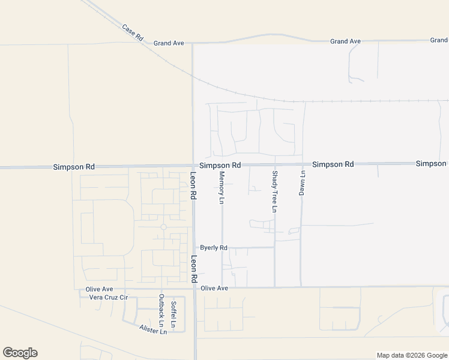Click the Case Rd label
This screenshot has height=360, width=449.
click(133, 32)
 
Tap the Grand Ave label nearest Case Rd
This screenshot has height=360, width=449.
click(168, 43)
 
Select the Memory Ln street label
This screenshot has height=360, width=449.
click(221, 188)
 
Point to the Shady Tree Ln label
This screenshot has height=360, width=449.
click(274, 191)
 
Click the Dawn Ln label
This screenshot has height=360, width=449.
click(302, 183)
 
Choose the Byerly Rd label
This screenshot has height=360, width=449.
click(214, 247)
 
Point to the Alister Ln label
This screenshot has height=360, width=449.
click(152, 330)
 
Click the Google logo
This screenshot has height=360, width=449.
click(20, 353)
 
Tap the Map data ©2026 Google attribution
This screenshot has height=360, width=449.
click(412, 355)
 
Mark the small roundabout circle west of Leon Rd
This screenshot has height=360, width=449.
click(163, 227)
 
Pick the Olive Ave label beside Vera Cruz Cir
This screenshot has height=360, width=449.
click(99, 289)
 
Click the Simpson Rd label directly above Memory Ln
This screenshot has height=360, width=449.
click(220, 165)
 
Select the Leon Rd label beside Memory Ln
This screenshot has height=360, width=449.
click(193, 187)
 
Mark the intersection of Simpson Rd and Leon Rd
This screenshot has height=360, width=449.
click(193, 166)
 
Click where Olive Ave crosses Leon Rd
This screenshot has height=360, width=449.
click(194, 288)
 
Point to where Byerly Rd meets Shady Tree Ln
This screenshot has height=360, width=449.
click(275, 247)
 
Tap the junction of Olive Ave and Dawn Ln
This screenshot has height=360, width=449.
click(301, 287)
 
